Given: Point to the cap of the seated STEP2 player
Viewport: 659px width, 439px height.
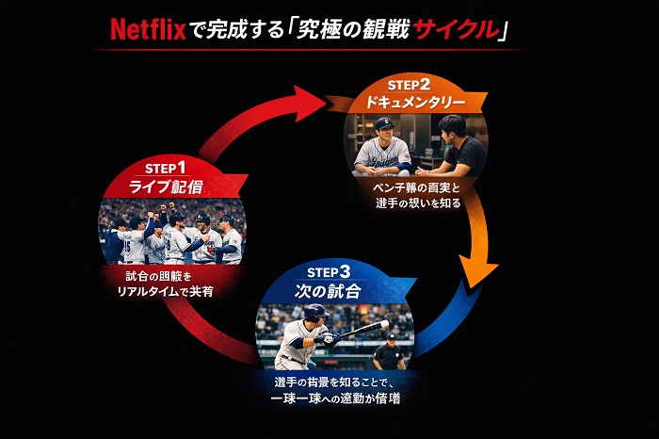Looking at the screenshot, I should coord(384,123).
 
